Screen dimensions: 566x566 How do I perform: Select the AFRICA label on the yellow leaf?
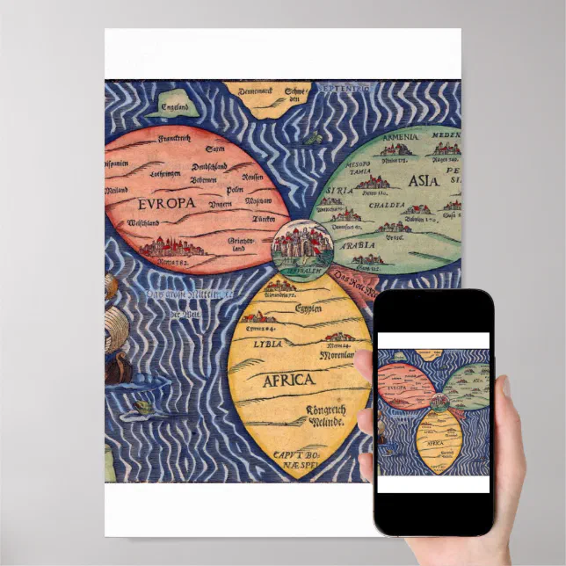287,380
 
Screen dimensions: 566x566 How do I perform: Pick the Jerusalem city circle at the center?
297,245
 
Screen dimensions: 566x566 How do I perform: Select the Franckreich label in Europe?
173,139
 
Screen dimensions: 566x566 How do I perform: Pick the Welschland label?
125,224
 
